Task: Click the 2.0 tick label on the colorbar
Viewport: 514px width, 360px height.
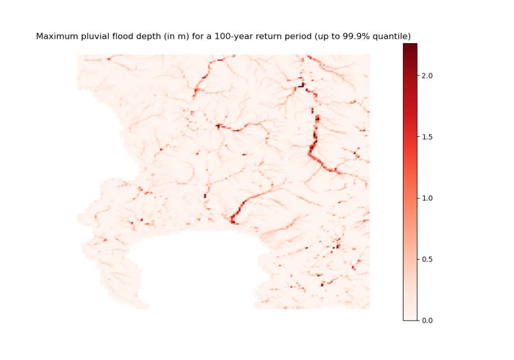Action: coord(427,76)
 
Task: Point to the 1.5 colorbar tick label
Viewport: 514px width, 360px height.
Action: coord(427,137)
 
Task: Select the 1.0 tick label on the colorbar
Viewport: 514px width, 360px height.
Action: coord(427,198)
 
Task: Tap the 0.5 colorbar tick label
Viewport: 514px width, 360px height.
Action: coord(427,259)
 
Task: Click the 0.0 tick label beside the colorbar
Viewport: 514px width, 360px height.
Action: coord(427,319)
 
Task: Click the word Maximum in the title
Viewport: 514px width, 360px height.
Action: coord(57,37)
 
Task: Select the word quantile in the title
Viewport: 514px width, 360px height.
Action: coord(393,37)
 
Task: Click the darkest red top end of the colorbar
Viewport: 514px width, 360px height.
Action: coord(410,46)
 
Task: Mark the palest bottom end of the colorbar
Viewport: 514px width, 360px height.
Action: coord(410,317)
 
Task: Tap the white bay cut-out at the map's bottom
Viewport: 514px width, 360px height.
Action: coord(193,270)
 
